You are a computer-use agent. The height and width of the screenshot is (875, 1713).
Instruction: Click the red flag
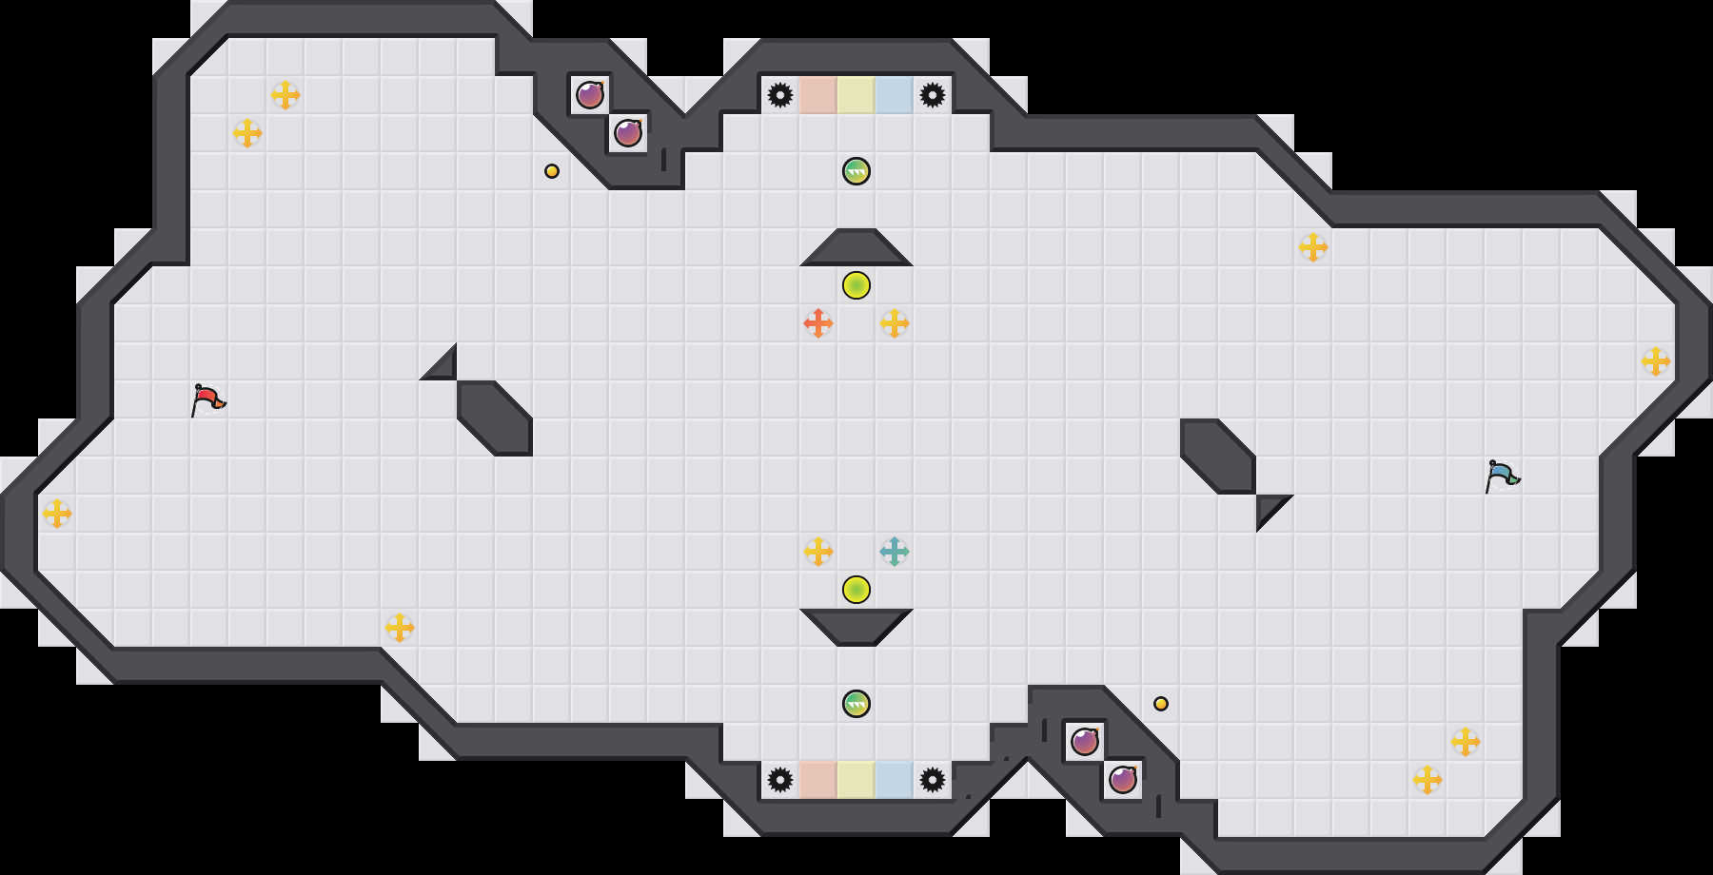[x=207, y=399]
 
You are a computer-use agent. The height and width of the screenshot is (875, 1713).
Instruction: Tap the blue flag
[x=1502, y=476]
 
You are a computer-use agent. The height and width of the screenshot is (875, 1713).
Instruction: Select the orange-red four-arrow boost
[x=818, y=323]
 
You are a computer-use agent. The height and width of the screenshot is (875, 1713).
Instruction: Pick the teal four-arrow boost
[x=895, y=552]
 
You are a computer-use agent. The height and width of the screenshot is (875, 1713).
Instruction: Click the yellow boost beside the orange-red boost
[x=895, y=323]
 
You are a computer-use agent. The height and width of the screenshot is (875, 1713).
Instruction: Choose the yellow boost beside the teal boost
[x=818, y=552]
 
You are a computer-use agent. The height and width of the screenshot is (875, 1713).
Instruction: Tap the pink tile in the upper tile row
[x=818, y=95]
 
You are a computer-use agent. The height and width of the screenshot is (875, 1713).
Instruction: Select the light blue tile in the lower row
[x=895, y=780]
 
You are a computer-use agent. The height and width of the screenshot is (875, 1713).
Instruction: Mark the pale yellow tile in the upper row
[x=856, y=95]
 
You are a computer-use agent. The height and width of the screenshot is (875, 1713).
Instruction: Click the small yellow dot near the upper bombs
[x=552, y=171]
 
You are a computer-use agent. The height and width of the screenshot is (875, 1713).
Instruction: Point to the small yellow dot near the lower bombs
[x=1161, y=704]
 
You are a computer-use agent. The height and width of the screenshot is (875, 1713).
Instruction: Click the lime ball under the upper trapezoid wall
[x=856, y=285]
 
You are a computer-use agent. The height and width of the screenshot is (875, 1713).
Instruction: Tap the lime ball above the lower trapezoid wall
[x=856, y=590]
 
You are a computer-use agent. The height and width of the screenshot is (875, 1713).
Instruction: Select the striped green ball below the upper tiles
[x=856, y=171]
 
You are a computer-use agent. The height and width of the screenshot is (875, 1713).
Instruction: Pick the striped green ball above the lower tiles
[x=856, y=704]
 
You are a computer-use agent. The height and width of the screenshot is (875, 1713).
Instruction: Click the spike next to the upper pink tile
[x=780, y=95]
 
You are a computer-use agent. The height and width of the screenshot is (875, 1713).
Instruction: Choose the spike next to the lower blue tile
[x=933, y=780]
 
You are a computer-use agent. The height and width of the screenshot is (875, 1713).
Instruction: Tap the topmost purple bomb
[x=590, y=95]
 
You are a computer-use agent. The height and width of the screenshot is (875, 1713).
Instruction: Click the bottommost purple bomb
[x=1123, y=780]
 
